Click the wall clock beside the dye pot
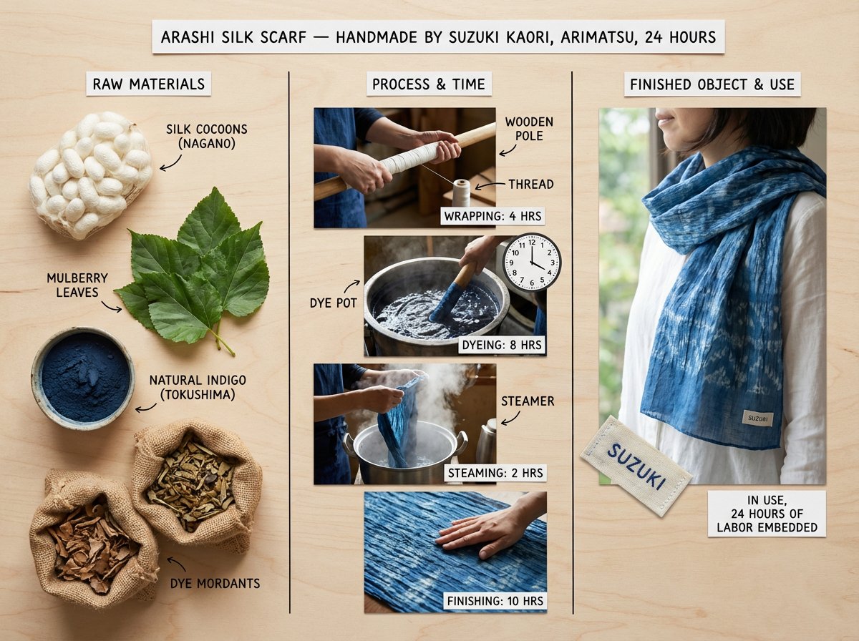(x=531, y=262)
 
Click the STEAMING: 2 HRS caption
(x=495, y=473)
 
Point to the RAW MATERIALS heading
(x=148, y=84)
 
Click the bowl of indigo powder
(x=82, y=378)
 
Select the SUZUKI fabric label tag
(x=636, y=465)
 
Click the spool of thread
(x=461, y=193)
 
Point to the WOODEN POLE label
(x=528, y=129)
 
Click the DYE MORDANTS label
(x=215, y=583)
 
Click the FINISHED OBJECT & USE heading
(x=712, y=84)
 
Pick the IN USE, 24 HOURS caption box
(x=766, y=514)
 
